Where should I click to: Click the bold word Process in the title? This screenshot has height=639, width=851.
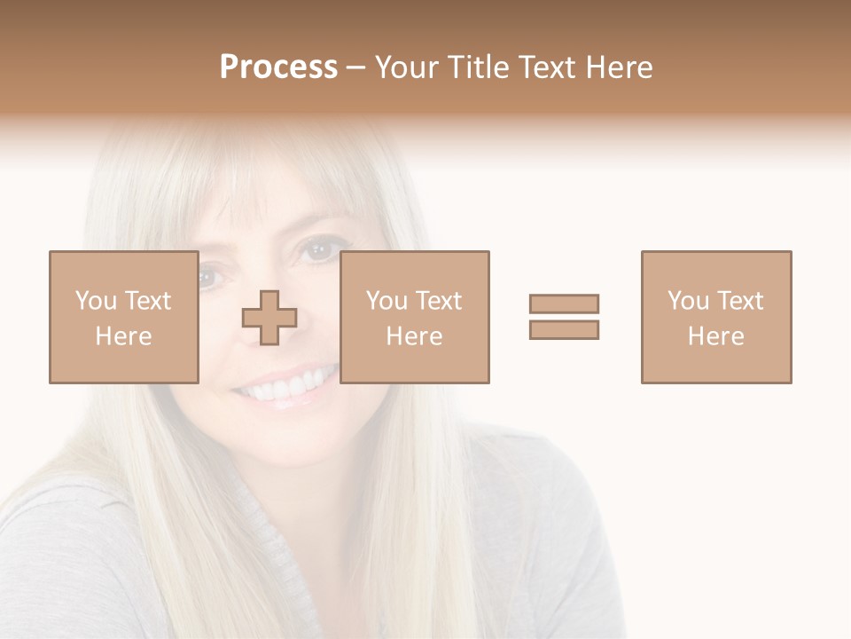pyautogui.click(x=278, y=67)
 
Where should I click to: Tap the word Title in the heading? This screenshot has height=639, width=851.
pyautogui.click(x=480, y=67)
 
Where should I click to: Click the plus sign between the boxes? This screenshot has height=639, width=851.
pyautogui.click(x=269, y=318)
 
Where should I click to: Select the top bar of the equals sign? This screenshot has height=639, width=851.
pyautogui.click(x=564, y=304)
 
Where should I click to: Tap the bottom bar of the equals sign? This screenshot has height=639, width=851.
pyautogui.click(x=564, y=329)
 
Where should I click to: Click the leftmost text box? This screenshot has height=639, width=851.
pyautogui.click(x=123, y=317)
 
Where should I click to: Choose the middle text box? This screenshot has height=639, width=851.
pyautogui.click(x=414, y=317)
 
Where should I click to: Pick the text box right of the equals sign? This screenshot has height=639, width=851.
pyautogui.click(x=716, y=317)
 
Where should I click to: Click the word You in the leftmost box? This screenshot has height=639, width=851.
pyautogui.click(x=96, y=301)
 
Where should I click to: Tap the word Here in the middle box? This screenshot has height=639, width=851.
pyautogui.click(x=414, y=336)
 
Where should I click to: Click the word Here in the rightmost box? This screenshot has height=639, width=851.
pyautogui.click(x=716, y=336)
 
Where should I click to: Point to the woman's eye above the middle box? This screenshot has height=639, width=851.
pyautogui.click(x=316, y=252)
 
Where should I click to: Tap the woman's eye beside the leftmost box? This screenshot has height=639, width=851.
pyautogui.click(x=208, y=278)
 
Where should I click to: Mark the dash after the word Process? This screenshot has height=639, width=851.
pyautogui.click(x=356, y=67)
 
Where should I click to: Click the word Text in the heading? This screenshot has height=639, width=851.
pyautogui.click(x=545, y=67)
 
